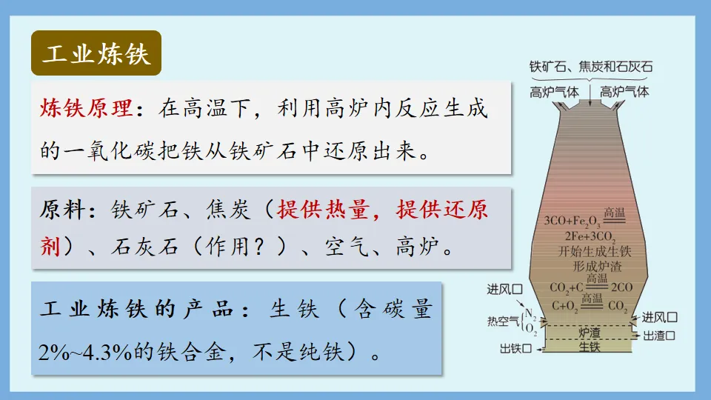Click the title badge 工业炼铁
tap(96, 53)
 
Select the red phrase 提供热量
tap(322, 210)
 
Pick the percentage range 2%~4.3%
tap(84, 350)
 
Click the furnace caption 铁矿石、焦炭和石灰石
tap(591, 67)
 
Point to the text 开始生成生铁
tap(590, 251)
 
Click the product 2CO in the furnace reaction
tap(621, 287)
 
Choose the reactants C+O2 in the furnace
tap(564, 304)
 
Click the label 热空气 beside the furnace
tap(502, 321)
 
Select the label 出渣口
tap(660, 336)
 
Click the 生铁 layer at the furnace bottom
tap(589, 346)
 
